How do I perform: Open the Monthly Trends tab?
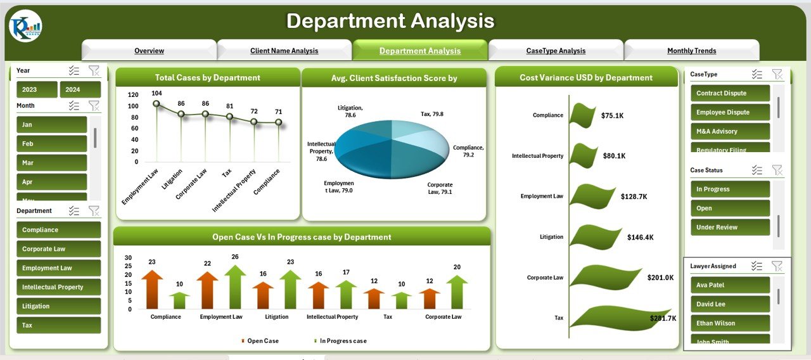(x=691, y=51)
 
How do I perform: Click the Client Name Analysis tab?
(x=284, y=51)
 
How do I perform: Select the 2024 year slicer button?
(x=80, y=89)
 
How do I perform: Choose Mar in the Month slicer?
(x=51, y=162)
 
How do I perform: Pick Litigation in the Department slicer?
(x=58, y=306)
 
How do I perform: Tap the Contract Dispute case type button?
(x=730, y=93)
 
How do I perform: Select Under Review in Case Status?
(x=730, y=228)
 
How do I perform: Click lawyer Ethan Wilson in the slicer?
(x=730, y=323)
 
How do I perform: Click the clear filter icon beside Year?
(x=94, y=70)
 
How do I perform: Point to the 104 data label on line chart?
(x=156, y=93)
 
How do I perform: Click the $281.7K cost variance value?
(x=663, y=318)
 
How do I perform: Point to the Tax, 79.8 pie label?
(x=431, y=114)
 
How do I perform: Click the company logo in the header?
(x=25, y=26)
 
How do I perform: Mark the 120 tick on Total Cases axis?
(x=133, y=94)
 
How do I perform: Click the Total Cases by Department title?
(x=207, y=78)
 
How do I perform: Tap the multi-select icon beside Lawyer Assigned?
(x=757, y=266)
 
